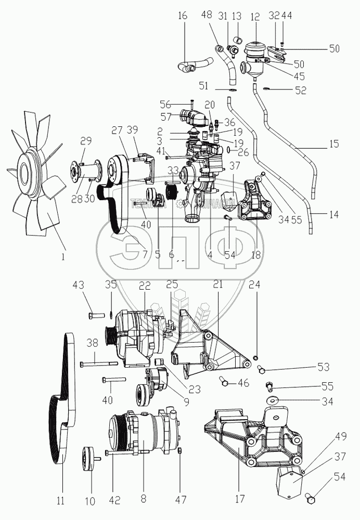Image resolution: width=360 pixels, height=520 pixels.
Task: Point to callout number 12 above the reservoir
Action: pyautogui.click(x=254, y=16)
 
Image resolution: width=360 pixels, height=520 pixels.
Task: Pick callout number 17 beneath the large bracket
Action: pyautogui.click(x=239, y=500)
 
